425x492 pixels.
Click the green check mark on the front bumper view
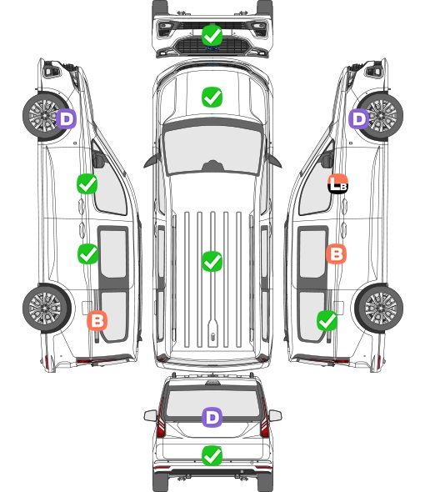point(212,35)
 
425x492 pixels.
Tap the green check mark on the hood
point(212,97)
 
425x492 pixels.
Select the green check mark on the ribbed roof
point(212,261)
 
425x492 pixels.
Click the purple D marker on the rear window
point(212,417)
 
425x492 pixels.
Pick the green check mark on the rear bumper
point(212,455)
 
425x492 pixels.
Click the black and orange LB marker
point(337,183)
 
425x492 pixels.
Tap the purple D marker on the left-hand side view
point(67,118)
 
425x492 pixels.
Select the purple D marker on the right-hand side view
point(359,118)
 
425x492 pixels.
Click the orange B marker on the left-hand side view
point(97,321)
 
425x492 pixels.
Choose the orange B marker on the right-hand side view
point(336,254)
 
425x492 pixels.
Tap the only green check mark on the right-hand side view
point(327,321)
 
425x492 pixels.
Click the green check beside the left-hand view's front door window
point(87,183)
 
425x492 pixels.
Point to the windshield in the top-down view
point(212,149)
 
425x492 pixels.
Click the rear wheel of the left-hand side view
point(47,309)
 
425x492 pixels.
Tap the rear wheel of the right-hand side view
point(379,309)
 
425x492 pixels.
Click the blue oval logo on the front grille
point(212,48)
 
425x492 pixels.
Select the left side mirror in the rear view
point(150,415)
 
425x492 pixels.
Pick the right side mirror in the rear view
point(275,415)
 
